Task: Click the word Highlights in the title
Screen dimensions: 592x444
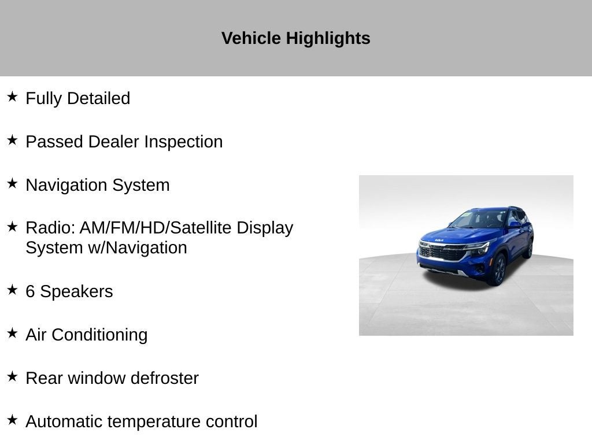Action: click(328, 39)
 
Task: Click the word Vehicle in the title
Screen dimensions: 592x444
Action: click(251, 38)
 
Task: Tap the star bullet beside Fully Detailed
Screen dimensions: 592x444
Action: click(12, 97)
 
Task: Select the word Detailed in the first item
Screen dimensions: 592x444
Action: click(98, 98)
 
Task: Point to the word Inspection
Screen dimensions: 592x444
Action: click(183, 142)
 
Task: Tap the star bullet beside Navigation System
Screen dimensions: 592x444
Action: click(12, 183)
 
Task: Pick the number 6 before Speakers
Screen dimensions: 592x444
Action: click(30, 291)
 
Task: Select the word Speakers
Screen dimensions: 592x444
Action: click(77, 292)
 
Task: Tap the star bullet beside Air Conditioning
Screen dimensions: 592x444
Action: click(12, 333)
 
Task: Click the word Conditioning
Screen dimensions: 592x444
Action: click(99, 335)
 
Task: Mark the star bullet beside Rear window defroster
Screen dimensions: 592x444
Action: click(12, 376)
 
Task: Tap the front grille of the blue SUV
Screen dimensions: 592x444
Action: click(443, 252)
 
